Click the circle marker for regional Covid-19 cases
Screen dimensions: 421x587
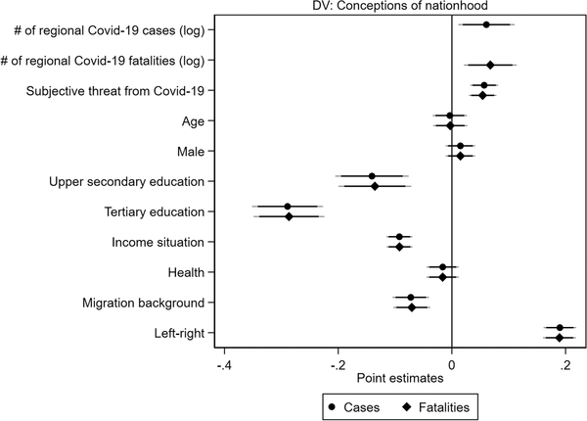coord(486,24)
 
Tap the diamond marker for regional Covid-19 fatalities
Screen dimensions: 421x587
coord(490,66)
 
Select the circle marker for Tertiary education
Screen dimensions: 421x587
coord(288,207)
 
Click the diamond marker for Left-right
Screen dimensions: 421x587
coord(560,338)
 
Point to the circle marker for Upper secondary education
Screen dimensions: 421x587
coord(372,176)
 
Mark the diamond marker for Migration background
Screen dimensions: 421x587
coord(412,307)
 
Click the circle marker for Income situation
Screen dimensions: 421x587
coord(399,237)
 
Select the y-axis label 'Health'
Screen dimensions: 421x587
coord(199,272)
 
